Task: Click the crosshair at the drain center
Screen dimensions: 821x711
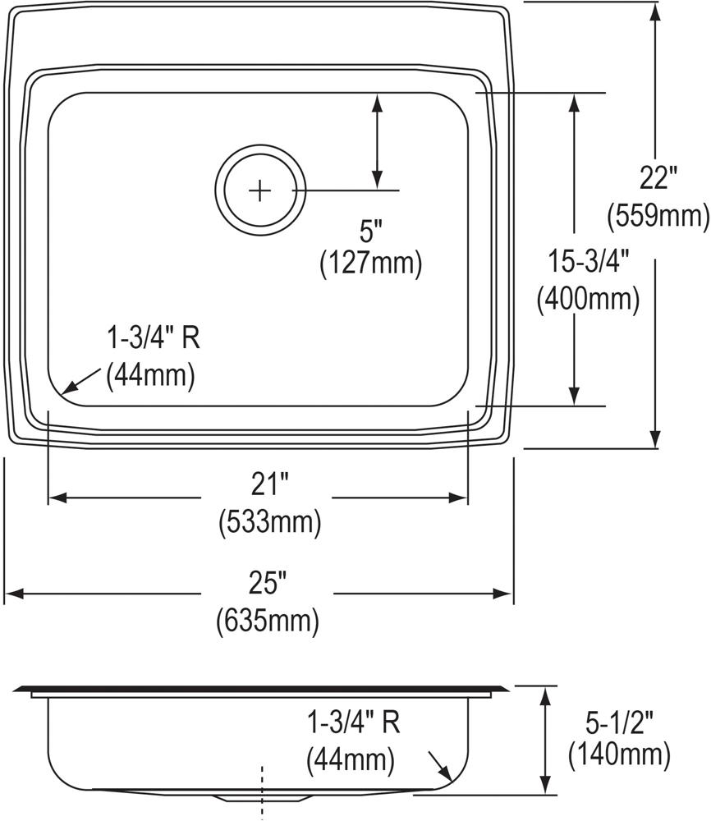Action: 259,190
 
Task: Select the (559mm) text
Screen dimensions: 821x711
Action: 658,216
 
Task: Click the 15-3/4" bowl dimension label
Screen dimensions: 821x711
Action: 588,261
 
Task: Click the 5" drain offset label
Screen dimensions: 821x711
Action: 370,232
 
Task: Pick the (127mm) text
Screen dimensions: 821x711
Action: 370,263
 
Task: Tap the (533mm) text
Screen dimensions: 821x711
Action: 268,522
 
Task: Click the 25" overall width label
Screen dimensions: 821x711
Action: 268,585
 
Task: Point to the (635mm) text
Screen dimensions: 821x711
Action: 268,621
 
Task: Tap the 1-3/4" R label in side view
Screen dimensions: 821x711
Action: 353,722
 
